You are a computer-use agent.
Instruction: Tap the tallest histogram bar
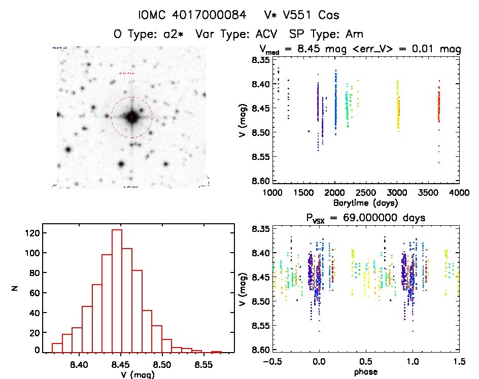coord(117,291)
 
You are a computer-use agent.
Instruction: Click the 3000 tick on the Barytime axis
coord(397,193)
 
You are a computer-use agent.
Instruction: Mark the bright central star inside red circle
coord(131,117)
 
